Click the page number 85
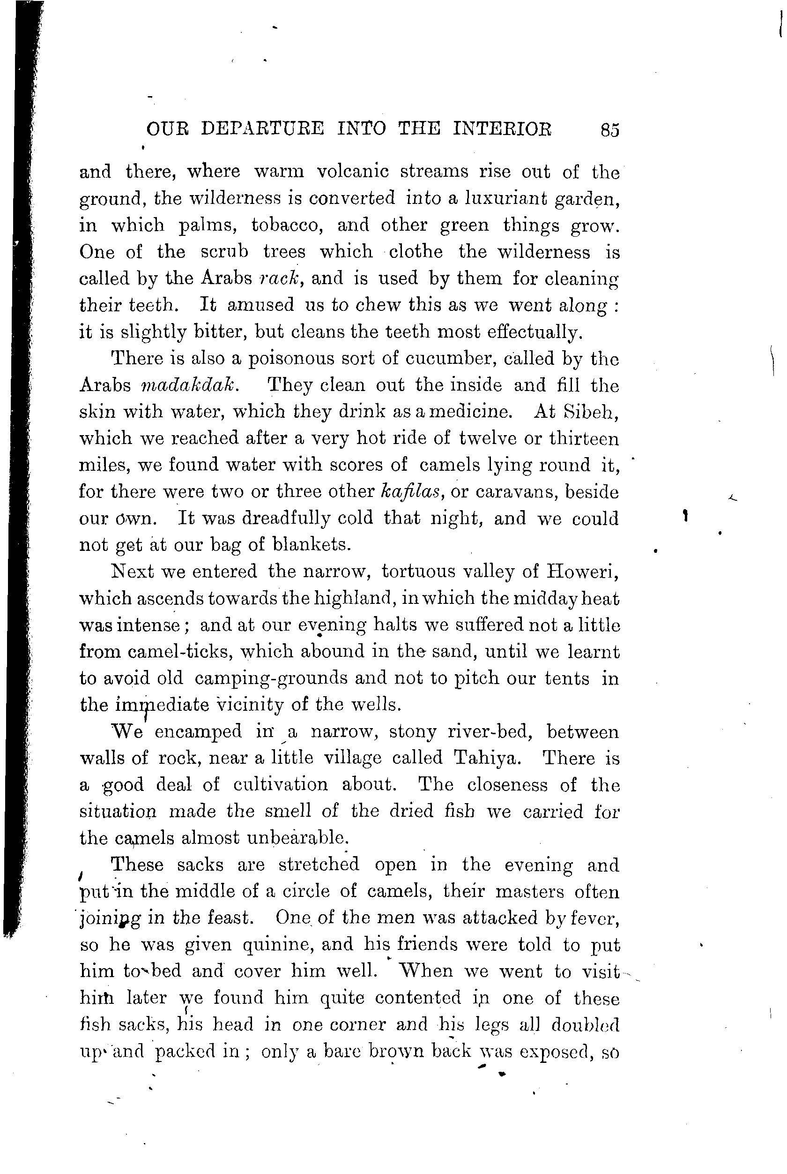click(609, 130)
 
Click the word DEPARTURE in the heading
click(262, 129)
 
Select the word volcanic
click(353, 173)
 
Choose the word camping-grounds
click(271, 679)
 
